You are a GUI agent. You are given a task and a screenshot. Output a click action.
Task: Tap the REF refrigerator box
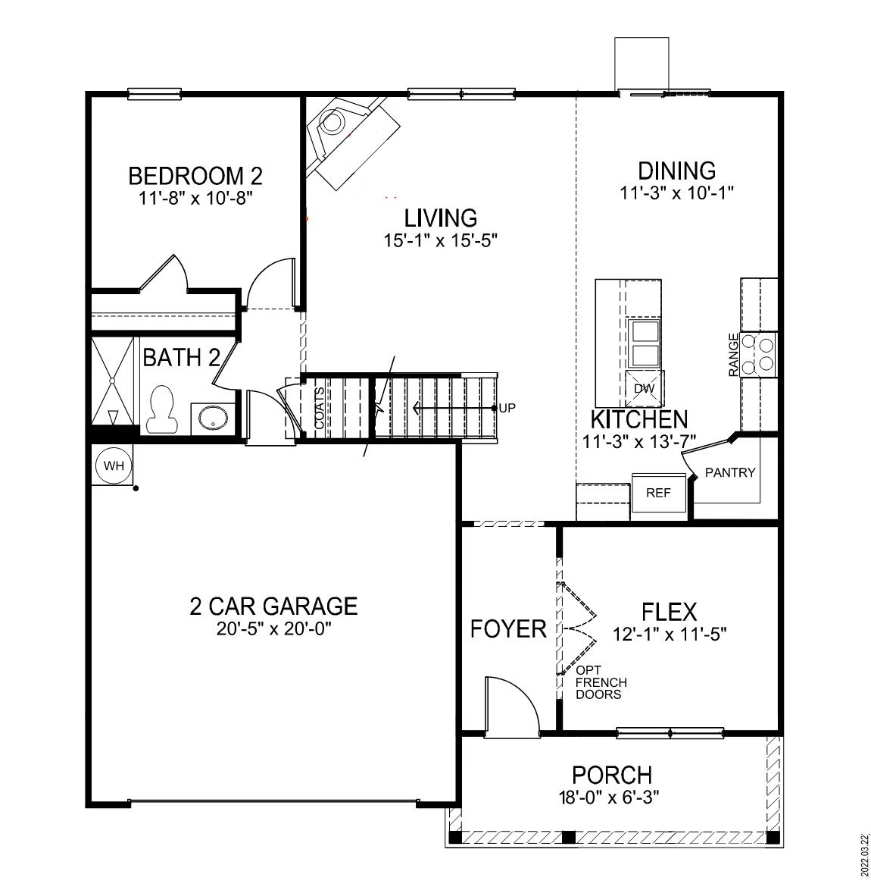coord(658,493)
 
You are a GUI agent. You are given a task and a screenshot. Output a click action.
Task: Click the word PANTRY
coord(730,472)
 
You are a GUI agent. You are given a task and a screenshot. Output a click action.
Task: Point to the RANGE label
coord(733,355)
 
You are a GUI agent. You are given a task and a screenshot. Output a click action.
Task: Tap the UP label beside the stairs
coord(507,408)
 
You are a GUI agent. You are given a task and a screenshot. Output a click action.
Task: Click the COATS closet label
coord(320,409)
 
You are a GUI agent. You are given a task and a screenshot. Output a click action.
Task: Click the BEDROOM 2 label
coord(195,177)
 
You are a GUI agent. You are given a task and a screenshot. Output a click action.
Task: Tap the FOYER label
coord(508,628)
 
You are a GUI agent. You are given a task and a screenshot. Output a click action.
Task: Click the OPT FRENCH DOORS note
coord(601,682)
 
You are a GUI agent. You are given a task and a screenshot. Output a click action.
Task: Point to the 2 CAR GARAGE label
coord(273,606)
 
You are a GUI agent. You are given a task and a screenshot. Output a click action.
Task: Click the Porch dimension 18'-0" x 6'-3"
coord(611,797)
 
